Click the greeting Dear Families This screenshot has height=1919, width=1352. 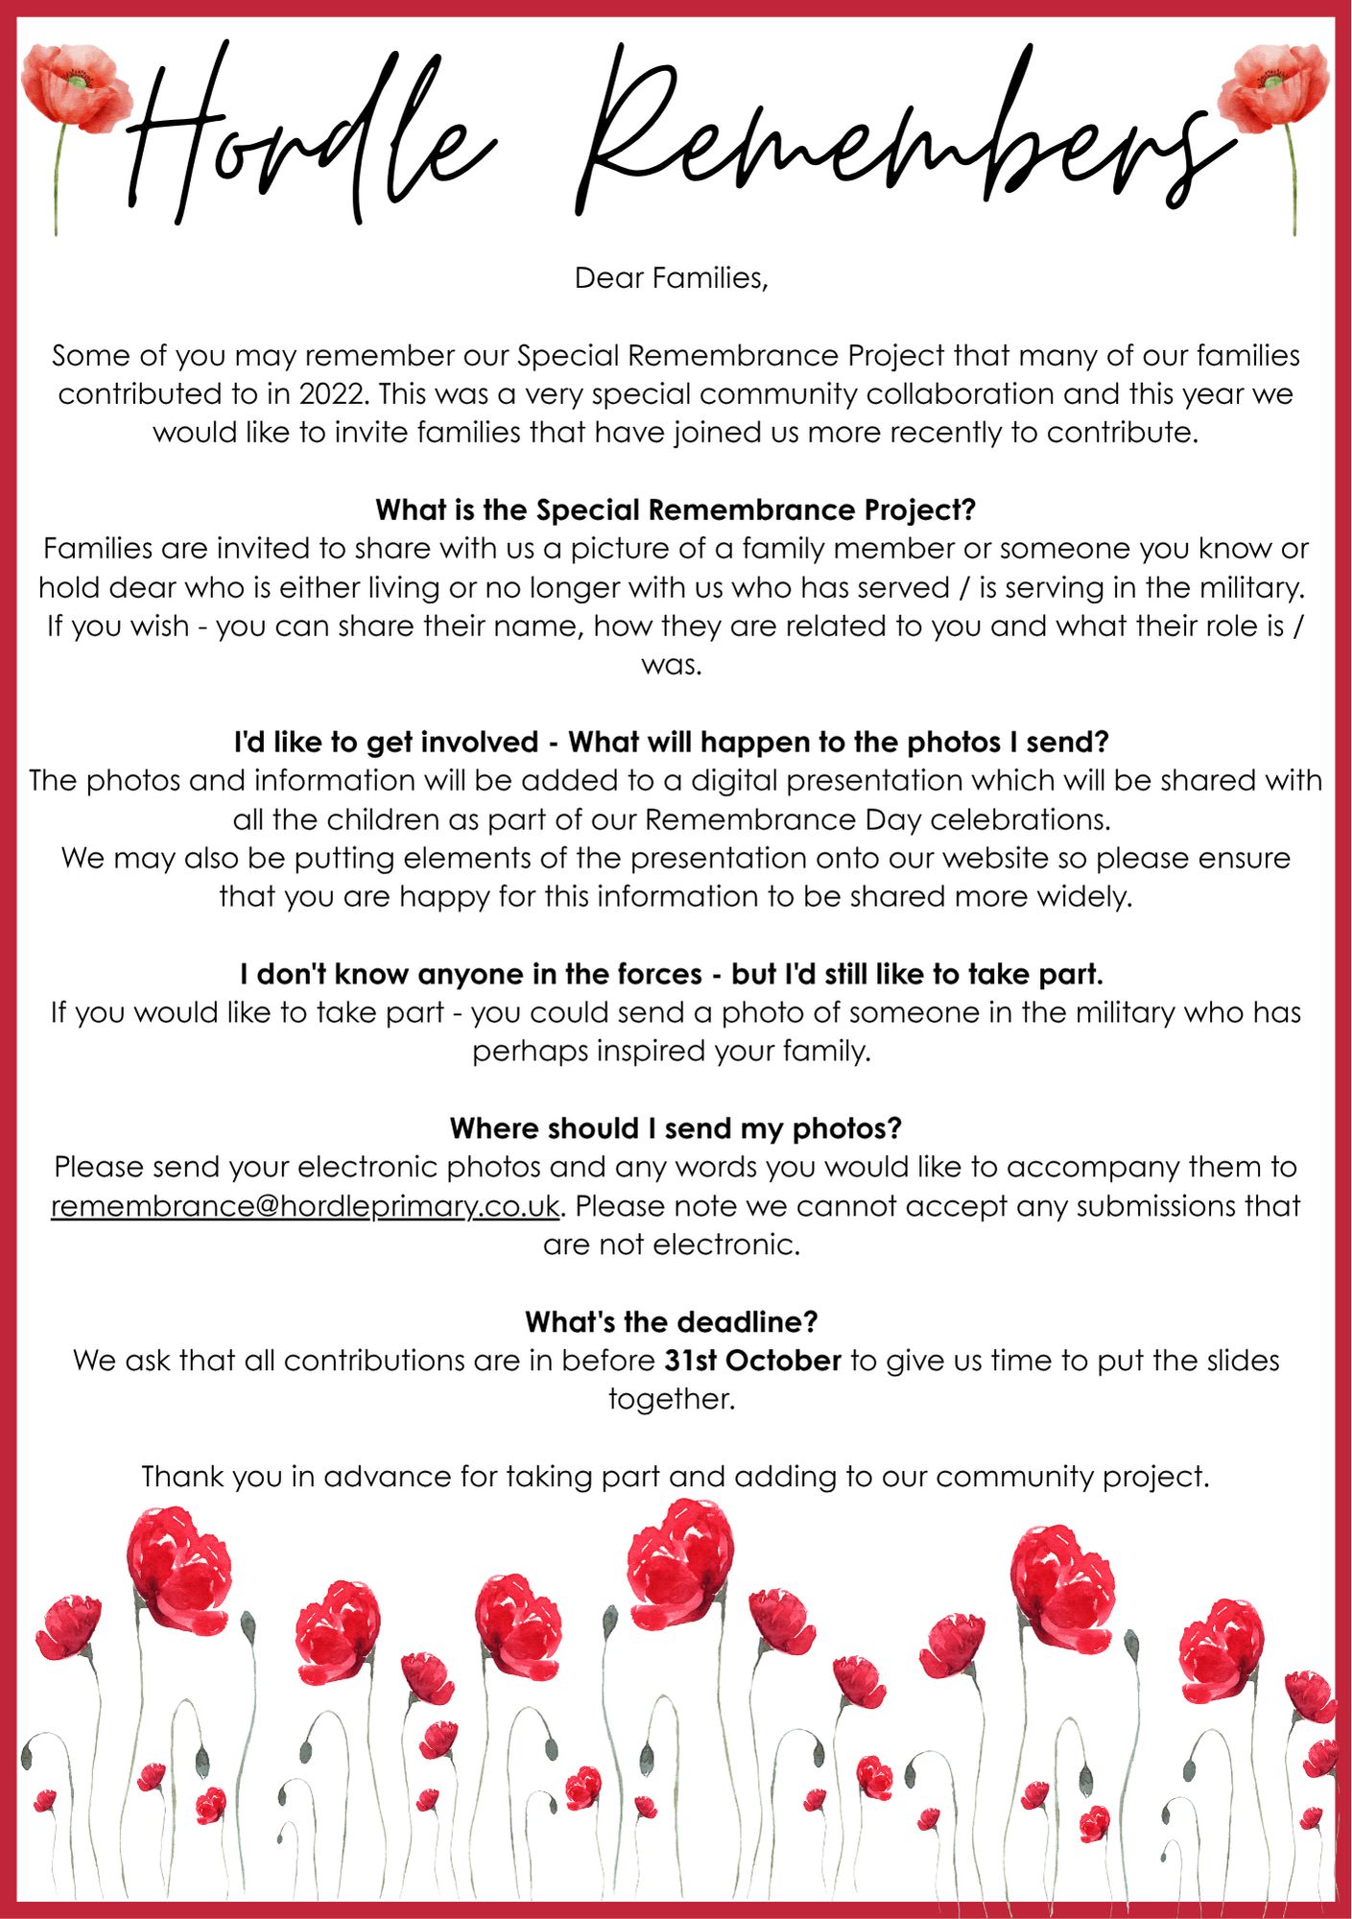[671, 278]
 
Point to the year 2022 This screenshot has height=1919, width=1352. [332, 394]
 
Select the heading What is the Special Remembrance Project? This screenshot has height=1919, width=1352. [676, 509]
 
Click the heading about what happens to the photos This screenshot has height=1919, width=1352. [672, 742]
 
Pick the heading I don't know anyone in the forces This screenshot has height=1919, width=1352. [672, 974]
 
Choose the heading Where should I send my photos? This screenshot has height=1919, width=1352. [676, 1128]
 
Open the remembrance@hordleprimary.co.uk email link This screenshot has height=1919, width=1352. [304, 1206]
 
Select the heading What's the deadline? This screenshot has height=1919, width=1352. [672, 1322]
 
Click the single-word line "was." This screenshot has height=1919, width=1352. [672, 665]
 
